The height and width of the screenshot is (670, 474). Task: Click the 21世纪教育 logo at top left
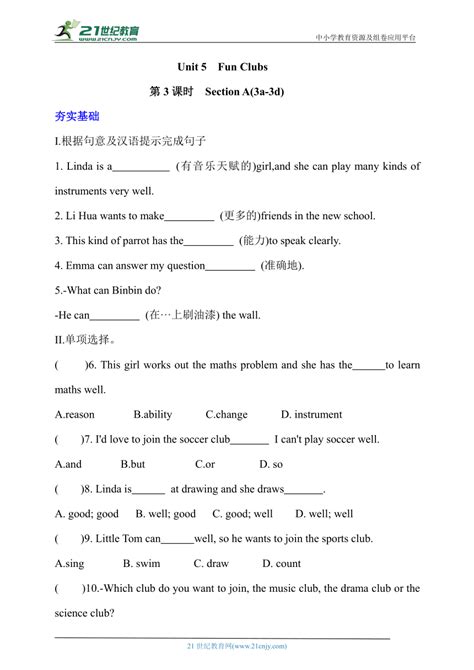97,31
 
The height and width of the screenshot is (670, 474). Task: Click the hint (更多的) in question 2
240,215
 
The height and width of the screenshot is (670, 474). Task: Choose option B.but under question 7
133,464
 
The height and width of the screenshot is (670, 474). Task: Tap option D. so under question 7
271,464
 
